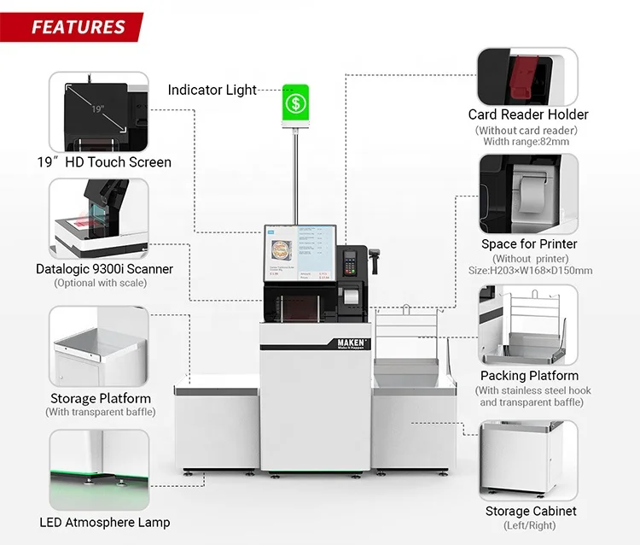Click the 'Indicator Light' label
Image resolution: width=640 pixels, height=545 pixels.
point(212,90)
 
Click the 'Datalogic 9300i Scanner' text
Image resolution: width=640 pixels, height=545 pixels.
point(104,269)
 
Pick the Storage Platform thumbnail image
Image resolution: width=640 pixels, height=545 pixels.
point(100,347)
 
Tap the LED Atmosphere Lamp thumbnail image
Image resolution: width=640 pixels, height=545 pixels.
point(100,469)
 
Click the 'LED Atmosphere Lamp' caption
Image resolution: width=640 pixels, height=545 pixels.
point(104,522)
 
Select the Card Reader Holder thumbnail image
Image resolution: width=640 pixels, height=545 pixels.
point(527,75)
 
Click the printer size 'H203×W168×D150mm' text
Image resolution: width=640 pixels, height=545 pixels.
point(529,271)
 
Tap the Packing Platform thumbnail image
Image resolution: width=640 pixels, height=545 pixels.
point(527,324)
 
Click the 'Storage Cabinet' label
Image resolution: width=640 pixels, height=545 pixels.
point(531,511)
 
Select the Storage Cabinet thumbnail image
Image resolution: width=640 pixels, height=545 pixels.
point(527,460)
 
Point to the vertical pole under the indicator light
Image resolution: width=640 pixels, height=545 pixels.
point(296,179)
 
